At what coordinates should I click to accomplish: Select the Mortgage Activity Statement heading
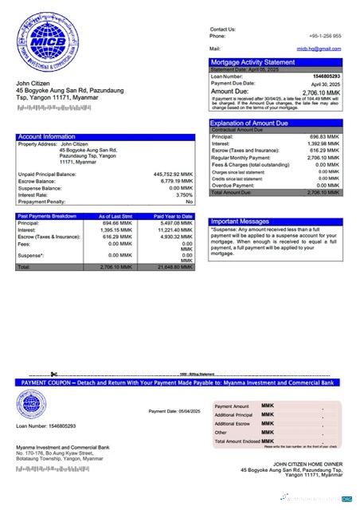tap(252, 62)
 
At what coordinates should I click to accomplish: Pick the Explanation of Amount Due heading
tap(252, 123)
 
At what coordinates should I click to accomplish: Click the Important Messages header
tap(240, 222)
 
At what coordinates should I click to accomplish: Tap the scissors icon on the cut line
tap(53, 374)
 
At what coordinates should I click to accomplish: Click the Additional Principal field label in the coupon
tap(233, 415)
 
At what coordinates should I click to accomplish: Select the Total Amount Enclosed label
tap(237, 441)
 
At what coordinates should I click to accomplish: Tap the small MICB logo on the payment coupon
tap(30, 404)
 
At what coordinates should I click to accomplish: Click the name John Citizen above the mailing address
tap(33, 84)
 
